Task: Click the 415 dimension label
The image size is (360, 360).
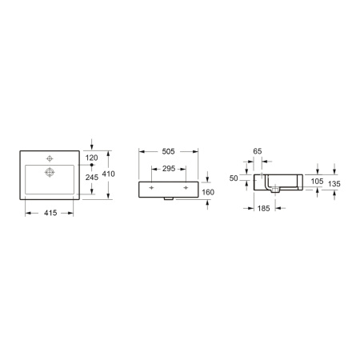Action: tap(50, 213)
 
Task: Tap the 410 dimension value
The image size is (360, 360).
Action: tap(109, 174)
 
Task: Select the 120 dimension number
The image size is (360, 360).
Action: tap(91, 158)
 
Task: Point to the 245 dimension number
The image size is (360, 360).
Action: tap(92, 178)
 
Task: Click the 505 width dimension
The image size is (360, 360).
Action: tap(169, 151)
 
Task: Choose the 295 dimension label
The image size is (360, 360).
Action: tap(169, 169)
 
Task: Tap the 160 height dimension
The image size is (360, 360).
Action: tap(208, 192)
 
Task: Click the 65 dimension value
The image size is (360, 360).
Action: tap(258, 151)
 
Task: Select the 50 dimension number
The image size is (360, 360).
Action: tap(234, 178)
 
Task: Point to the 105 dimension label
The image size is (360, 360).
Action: tap(317, 182)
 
